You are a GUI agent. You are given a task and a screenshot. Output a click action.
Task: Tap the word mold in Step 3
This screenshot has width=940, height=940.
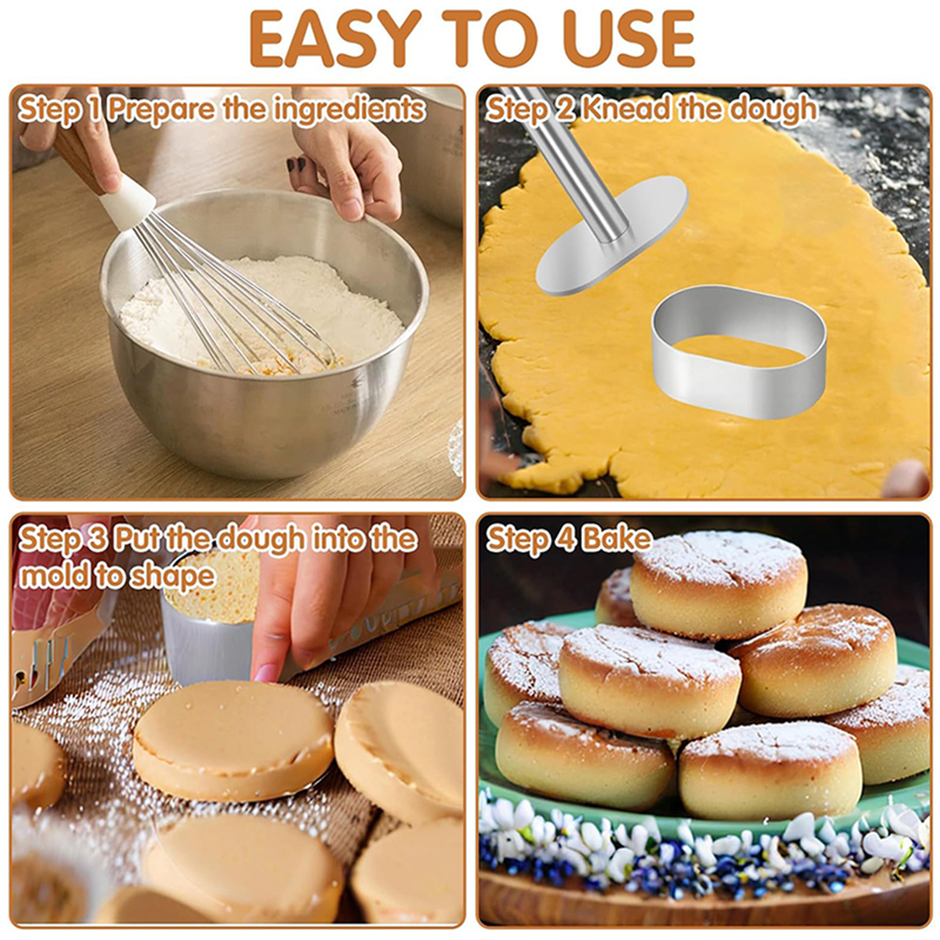(x=53, y=576)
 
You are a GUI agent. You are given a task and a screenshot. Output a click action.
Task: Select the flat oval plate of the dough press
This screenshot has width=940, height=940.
(x=612, y=235)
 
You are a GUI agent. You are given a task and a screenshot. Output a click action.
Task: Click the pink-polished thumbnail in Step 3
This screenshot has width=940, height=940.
(x=265, y=673)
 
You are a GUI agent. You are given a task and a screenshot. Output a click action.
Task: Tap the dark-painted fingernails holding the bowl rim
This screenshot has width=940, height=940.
(x=296, y=163)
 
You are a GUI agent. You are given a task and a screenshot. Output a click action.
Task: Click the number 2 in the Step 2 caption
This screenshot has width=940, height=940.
(x=565, y=109)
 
